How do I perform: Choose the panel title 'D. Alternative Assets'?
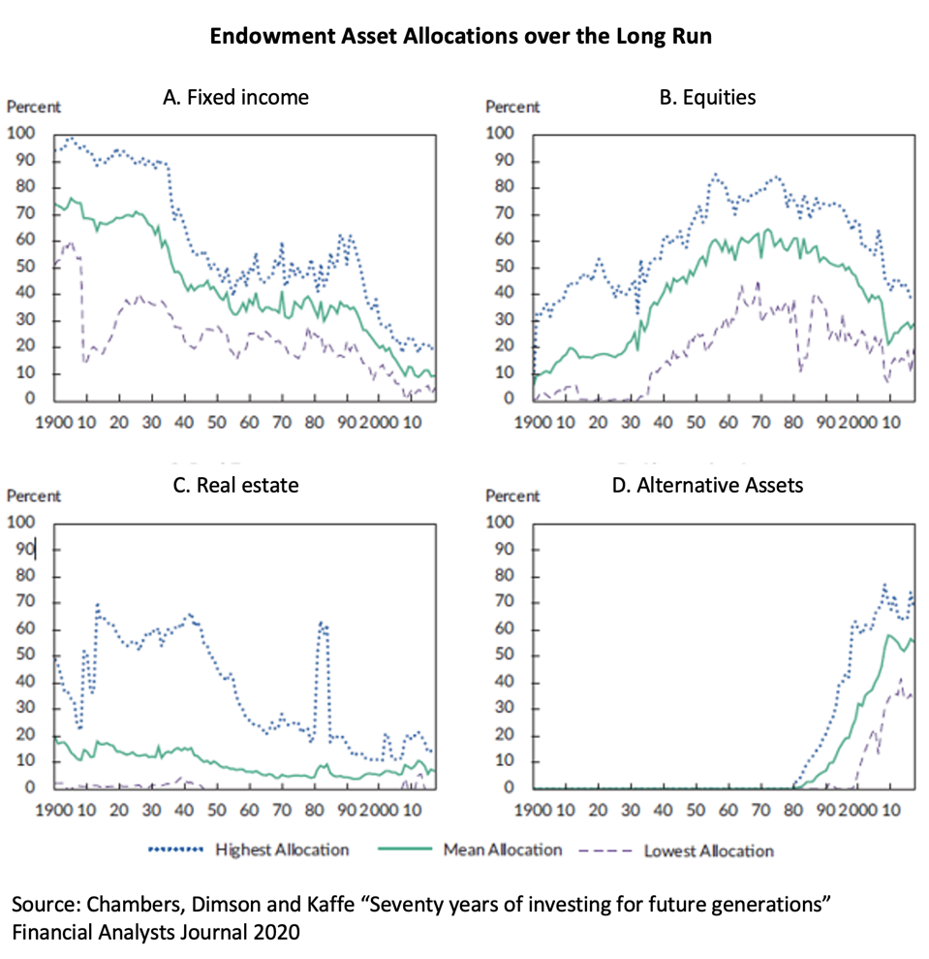pos(707,485)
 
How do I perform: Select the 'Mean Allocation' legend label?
pos(502,849)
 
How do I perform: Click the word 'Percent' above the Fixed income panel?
pos(34,107)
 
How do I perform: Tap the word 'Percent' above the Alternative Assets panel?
pos(513,495)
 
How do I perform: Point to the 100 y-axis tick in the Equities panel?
pos(500,133)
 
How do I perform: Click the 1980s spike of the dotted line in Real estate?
pos(323,625)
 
